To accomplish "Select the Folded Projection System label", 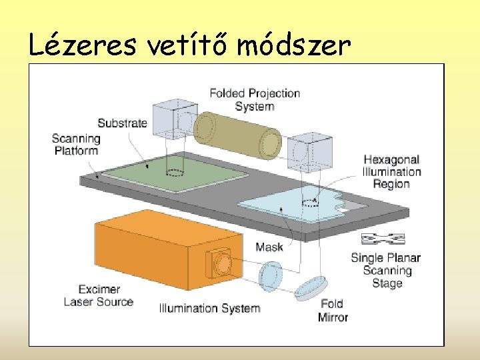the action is (255, 100).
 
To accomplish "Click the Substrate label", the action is (122, 123).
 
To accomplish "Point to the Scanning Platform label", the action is (76, 145).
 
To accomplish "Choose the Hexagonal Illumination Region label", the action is (392, 171).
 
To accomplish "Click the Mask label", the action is (269, 247).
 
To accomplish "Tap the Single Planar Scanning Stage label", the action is (387, 270).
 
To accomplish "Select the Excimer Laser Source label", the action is (99, 295).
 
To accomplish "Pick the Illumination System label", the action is (209, 308).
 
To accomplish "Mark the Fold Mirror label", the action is (333, 311).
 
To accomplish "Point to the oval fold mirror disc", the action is (309, 287).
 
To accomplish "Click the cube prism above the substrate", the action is (175, 120).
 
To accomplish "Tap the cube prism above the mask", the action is (309, 151).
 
